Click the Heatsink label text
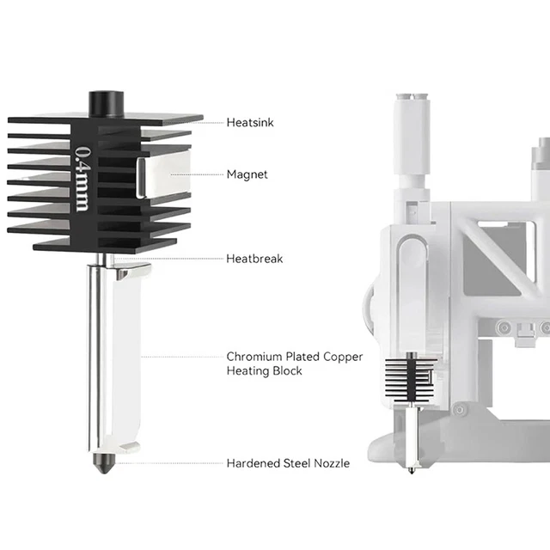[x=251, y=123]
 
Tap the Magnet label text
[x=247, y=174]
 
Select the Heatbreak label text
[x=254, y=258]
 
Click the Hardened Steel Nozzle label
[x=288, y=463]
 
